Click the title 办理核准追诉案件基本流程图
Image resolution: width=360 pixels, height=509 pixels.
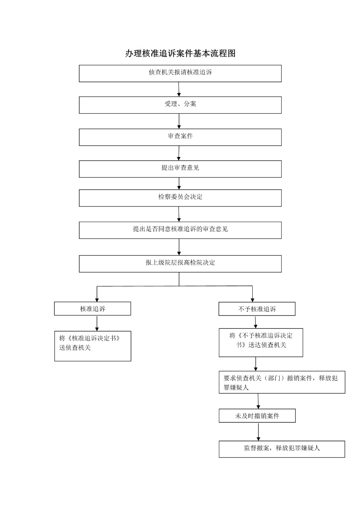point(180,53)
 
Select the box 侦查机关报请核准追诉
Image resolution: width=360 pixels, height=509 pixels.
point(180,74)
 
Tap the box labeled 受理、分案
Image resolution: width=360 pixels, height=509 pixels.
point(180,105)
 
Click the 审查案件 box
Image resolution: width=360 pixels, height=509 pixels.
point(180,137)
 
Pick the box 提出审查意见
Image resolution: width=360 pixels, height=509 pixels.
point(180,169)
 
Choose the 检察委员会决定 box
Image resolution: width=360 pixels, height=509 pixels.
point(180,198)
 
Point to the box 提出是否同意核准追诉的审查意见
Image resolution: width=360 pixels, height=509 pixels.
point(180,230)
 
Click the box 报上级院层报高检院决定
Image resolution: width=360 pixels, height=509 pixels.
point(180,264)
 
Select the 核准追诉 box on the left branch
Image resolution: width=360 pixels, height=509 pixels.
point(93,309)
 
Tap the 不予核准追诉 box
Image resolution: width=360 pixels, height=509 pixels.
point(257,309)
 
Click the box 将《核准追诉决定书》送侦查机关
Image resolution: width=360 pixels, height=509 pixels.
point(93,346)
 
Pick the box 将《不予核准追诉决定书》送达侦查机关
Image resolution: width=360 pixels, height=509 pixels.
point(261,343)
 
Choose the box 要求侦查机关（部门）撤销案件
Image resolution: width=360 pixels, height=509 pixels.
point(282,382)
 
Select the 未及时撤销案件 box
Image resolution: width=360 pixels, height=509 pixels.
point(257,416)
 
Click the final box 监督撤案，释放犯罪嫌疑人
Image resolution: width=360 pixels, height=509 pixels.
point(282,449)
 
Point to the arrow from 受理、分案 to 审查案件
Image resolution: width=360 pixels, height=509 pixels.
point(179,121)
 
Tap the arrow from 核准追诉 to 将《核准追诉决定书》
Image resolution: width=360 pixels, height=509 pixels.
point(97,323)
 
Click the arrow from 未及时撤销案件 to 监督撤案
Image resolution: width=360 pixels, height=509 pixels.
point(259,431)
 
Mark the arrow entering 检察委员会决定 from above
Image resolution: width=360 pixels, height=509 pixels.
point(179,183)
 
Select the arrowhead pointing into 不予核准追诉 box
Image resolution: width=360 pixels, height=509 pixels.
point(252,300)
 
